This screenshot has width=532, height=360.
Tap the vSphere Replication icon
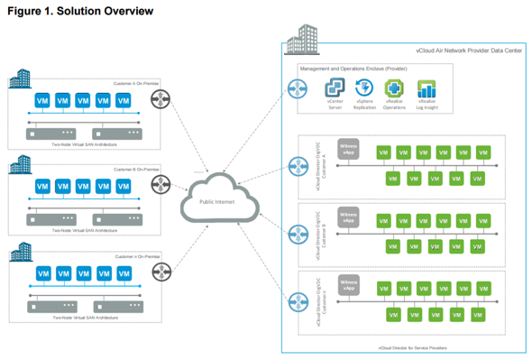tap(364, 88)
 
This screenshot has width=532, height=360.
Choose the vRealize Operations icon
tap(394, 88)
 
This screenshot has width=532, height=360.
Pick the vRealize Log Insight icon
tap(426, 88)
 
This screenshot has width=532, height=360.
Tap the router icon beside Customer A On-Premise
tap(161, 99)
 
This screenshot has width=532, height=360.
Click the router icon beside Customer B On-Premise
tap(161, 185)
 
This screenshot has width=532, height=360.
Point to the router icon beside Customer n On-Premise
tap(161, 271)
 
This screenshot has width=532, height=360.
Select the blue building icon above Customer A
tap(20, 78)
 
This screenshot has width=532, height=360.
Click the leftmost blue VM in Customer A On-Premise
tap(41, 100)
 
